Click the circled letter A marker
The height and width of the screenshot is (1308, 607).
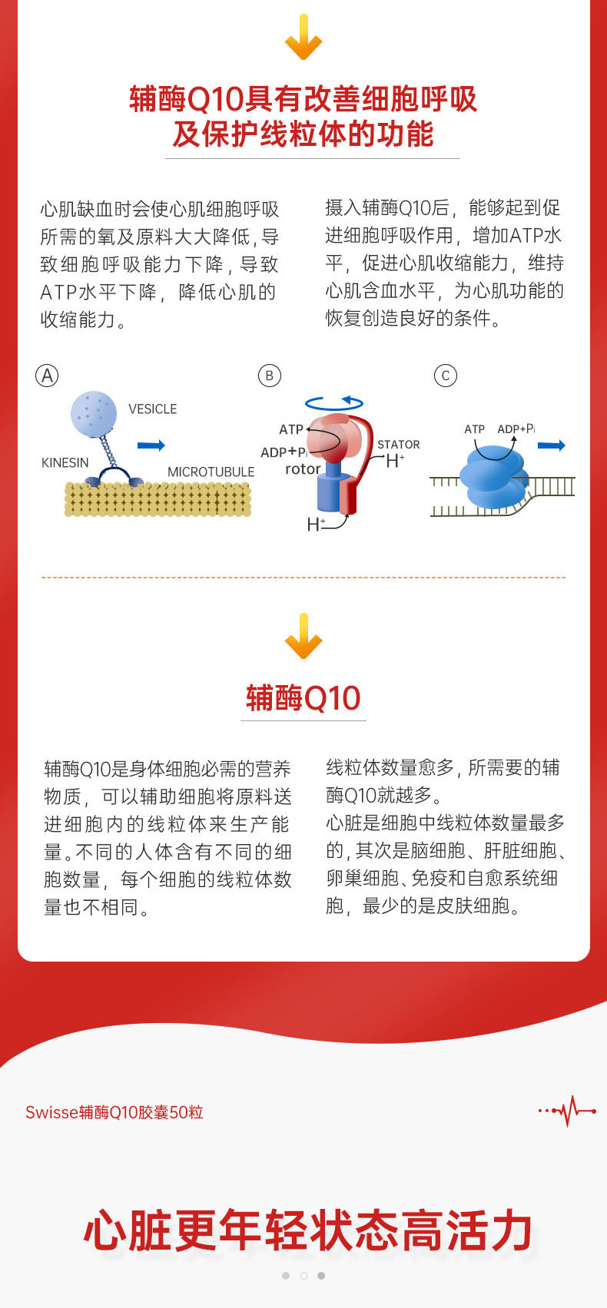(47, 376)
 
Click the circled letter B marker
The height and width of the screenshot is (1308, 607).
(269, 376)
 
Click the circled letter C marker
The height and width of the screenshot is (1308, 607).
(445, 376)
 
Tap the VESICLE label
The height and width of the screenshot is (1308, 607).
(152, 409)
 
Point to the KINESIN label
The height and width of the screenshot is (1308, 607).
(65, 462)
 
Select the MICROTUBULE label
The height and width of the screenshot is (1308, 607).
(211, 472)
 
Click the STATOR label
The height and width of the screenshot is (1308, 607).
(398, 445)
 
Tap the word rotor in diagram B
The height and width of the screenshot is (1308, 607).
(303, 469)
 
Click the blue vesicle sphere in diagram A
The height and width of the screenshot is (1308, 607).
(94, 413)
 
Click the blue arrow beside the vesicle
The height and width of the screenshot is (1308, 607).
(151, 445)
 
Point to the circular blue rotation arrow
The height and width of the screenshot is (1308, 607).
(334, 402)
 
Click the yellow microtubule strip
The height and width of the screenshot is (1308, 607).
(158, 498)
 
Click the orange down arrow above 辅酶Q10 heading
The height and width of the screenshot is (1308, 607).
(303, 636)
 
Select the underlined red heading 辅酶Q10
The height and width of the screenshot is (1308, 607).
(303, 698)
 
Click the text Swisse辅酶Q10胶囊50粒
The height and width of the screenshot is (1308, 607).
(114, 1112)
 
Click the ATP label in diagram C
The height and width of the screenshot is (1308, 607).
(474, 429)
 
